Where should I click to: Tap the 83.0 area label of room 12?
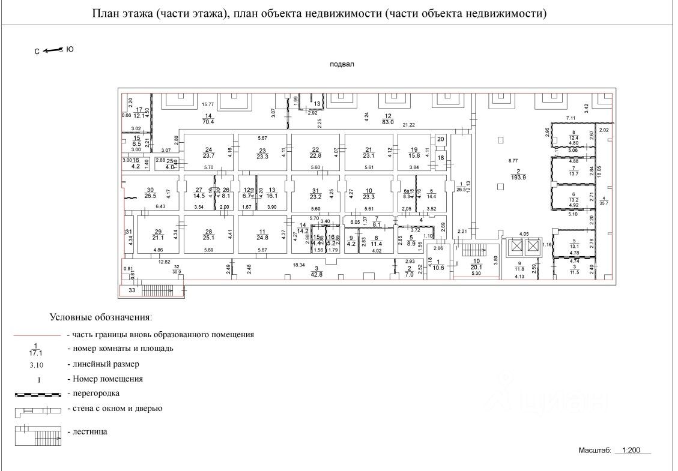point(388,122)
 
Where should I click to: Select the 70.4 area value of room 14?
point(209,122)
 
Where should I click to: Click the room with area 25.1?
point(210,236)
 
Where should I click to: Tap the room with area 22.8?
point(315,154)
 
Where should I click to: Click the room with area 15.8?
point(414,154)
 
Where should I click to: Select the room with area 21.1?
point(159,236)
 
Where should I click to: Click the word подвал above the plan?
point(342,64)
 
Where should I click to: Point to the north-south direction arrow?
point(54,50)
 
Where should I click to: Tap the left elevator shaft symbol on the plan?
point(514,246)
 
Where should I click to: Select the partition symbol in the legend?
point(37,394)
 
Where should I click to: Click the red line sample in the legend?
point(37,335)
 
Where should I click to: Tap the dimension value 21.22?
point(408,125)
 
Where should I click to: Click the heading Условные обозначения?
point(100,316)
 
